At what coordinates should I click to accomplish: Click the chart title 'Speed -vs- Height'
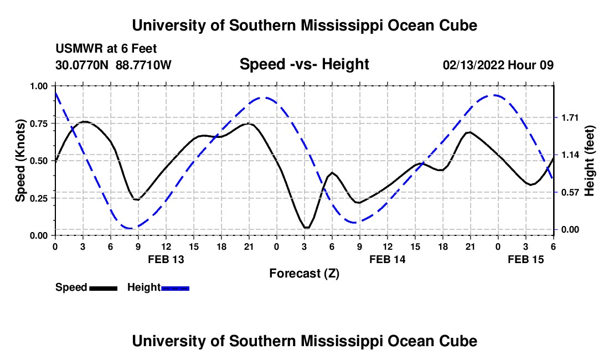click(304, 65)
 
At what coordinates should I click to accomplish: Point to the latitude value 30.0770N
click(83, 65)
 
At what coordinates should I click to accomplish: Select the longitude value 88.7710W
click(144, 65)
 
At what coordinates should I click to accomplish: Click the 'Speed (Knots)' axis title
click(20, 161)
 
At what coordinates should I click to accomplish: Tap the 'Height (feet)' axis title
click(589, 161)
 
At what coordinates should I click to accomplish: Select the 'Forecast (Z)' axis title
click(304, 273)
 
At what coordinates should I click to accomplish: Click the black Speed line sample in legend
click(103, 287)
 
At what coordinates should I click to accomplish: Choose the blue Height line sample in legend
click(176, 287)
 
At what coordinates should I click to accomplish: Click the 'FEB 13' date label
click(166, 259)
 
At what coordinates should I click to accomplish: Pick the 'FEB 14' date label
click(387, 259)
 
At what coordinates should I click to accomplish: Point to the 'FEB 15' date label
click(526, 259)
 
